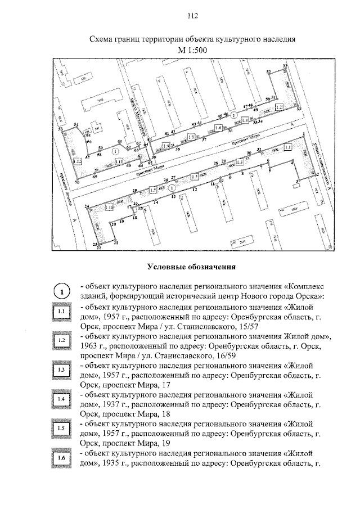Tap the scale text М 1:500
pyautogui.click(x=192, y=51)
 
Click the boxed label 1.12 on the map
pyautogui.click(x=78, y=161)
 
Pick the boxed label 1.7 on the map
pyautogui.click(x=152, y=191)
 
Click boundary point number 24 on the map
pyautogui.click(x=87, y=206)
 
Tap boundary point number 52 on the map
pyautogui.click(x=269, y=71)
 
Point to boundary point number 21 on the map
pyautogui.click(x=116, y=243)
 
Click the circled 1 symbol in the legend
pyautogui.click(x=63, y=291)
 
